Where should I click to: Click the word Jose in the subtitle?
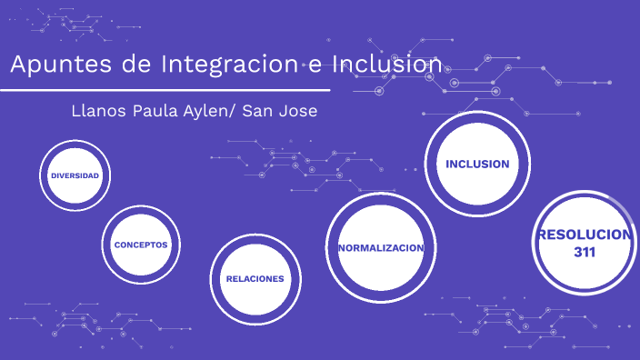(x=298, y=111)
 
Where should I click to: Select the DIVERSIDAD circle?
(x=75, y=175)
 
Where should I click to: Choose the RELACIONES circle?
(x=255, y=279)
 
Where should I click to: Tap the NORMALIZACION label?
(x=380, y=248)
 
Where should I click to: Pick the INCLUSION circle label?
(x=476, y=164)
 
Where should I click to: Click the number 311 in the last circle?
(x=585, y=252)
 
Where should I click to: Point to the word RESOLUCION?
(x=585, y=235)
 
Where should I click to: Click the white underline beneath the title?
(x=164, y=90)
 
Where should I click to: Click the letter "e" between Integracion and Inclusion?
(x=314, y=67)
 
